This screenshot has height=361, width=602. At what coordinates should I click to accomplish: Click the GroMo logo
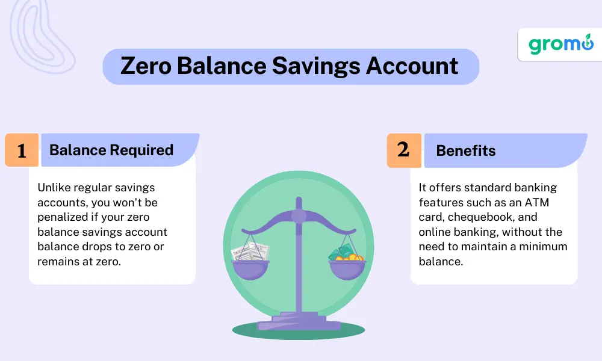click(x=561, y=44)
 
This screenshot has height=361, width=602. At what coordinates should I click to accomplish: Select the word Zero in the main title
click(x=146, y=66)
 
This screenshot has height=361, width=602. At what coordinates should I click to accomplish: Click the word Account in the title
click(x=412, y=66)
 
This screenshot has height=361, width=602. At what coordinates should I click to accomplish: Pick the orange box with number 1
click(x=22, y=150)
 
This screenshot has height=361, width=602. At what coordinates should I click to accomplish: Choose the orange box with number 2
click(x=404, y=150)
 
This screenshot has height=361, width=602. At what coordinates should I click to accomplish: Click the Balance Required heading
click(x=111, y=150)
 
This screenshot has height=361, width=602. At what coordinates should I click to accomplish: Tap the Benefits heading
click(x=466, y=151)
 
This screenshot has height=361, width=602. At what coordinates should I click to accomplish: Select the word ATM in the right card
click(x=537, y=202)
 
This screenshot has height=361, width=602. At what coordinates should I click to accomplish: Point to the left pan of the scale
click(x=250, y=269)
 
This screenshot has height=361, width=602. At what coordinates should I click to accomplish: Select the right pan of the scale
click(x=347, y=270)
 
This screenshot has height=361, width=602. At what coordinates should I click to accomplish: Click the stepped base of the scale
click(x=299, y=321)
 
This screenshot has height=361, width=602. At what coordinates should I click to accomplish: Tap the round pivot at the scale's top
click(x=299, y=216)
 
